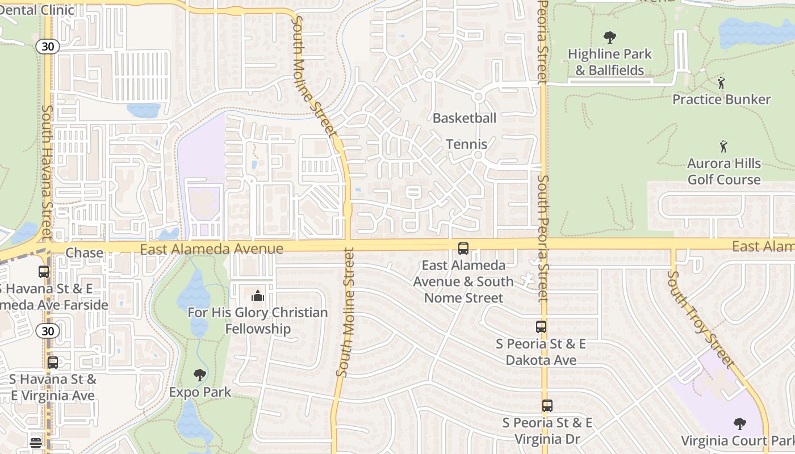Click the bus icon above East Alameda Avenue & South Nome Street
pyautogui.click(x=463, y=248)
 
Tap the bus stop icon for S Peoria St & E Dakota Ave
pyautogui.click(x=541, y=327)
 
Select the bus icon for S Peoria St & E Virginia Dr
pyautogui.click(x=547, y=406)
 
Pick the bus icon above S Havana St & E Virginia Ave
pyautogui.click(x=53, y=362)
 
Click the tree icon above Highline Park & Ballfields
pyautogui.click(x=610, y=38)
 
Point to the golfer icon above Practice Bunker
pyautogui.click(x=721, y=83)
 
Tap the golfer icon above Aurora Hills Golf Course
pyautogui.click(x=723, y=147)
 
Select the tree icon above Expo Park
pyautogui.click(x=199, y=375)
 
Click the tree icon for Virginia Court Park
pyautogui.click(x=739, y=423)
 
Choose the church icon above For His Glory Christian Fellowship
pyautogui.click(x=258, y=296)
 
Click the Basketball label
pyautogui.click(x=465, y=118)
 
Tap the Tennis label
pyautogui.click(x=467, y=144)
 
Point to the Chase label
pyautogui.click(x=85, y=253)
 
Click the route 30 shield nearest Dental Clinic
pyautogui.click(x=48, y=47)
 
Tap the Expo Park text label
pyautogui.click(x=200, y=392)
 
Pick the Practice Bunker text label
pyautogui.click(x=721, y=99)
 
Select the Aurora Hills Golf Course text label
pyautogui.click(x=724, y=171)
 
